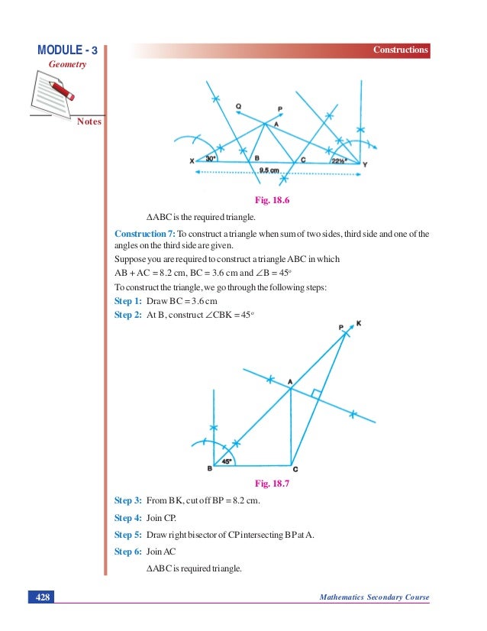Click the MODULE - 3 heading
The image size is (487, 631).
coord(67,50)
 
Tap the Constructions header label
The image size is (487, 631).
coord(400,50)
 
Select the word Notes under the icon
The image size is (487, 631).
coord(89,121)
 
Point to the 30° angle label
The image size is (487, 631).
coord(211,158)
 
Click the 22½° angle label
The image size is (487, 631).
coord(340,160)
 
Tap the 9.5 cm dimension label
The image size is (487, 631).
coord(269,171)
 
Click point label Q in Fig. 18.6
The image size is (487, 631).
coord(239,107)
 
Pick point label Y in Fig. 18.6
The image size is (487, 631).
coord(365,164)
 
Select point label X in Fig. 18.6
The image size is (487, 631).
coord(191,162)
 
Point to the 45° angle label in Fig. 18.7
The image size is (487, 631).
coord(226,461)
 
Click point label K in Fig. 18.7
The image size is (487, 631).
coord(359,323)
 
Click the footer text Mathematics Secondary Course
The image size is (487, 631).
coord(375,597)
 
